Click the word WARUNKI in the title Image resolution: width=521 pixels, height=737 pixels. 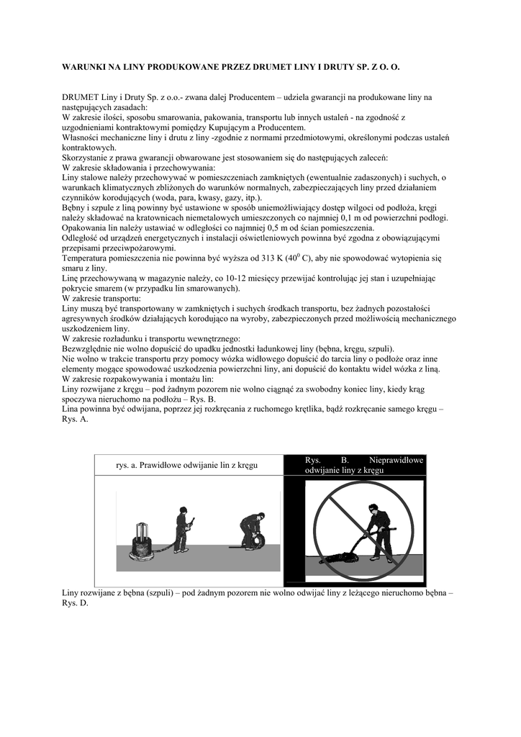click(x=85, y=66)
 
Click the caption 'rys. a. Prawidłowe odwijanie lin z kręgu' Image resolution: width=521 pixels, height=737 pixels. click(x=187, y=466)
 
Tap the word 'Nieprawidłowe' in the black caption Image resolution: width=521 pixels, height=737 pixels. click(x=396, y=460)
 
